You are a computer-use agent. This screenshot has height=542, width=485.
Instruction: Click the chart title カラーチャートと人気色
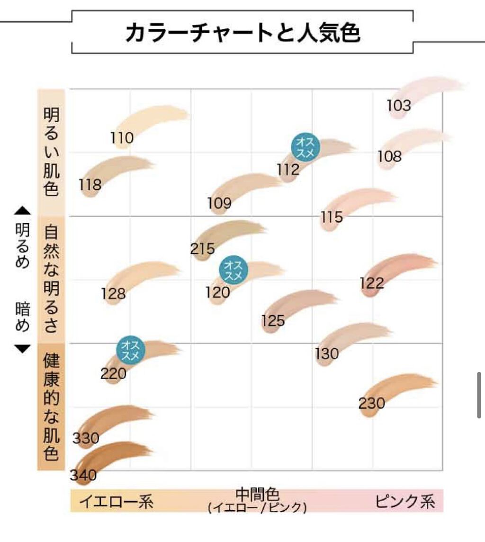tap(242, 33)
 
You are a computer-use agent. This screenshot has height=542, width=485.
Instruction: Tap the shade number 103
tap(399, 105)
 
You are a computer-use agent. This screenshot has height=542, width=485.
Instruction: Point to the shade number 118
tap(90, 184)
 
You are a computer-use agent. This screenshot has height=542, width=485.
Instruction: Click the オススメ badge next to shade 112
tap(305, 147)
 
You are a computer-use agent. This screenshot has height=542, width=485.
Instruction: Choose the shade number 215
tap(203, 248)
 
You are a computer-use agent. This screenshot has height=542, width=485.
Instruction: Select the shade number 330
tap(86, 438)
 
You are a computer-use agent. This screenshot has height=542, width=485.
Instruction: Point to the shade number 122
tap(372, 283)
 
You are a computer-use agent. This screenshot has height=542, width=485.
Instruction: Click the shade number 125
tap(273, 321)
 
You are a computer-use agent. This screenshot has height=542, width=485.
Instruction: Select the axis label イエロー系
tap(116, 501)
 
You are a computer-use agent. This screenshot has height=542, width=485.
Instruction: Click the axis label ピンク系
tap(405, 501)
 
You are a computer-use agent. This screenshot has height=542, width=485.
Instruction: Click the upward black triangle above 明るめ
tap(22, 210)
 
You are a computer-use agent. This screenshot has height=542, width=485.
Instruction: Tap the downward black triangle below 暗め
tap(22, 349)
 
